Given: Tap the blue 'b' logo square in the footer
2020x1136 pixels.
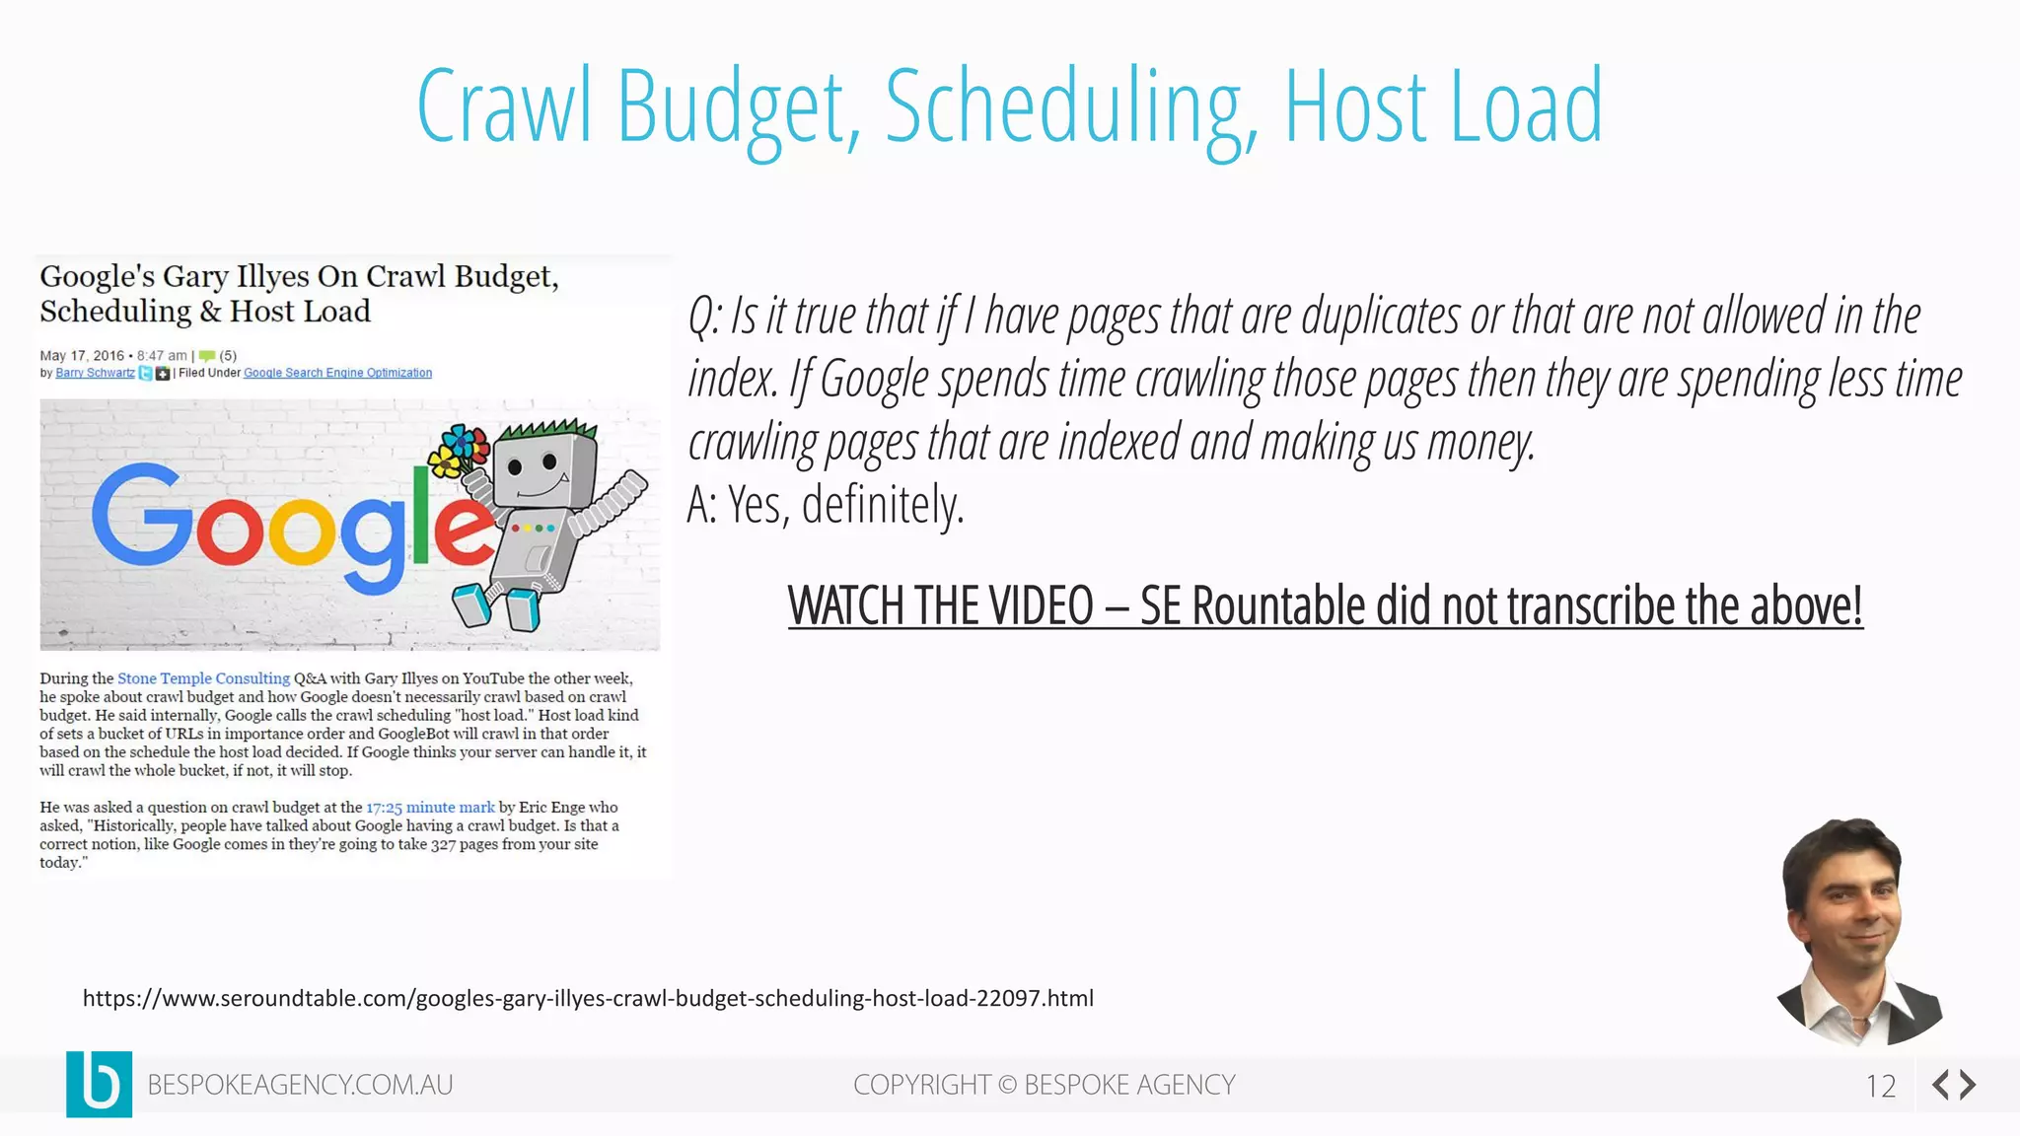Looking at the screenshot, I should click(x=99, y=1084).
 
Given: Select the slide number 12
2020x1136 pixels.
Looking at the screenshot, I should click(x=1880, y=1086).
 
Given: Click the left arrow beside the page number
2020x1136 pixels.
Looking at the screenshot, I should click(x=1941, y=1085).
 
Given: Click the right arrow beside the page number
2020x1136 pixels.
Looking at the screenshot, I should click(x=1968, y=1085).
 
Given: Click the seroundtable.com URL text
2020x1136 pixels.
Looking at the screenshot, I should click(x=588, y=998).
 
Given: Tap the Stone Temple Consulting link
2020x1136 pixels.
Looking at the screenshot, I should click(x=203, y=678).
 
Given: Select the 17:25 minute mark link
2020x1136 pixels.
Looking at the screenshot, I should click(x=430, y=808).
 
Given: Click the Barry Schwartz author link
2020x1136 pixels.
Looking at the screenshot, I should click(x=95, y=373).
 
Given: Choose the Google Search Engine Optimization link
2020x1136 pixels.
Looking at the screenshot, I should click(x=337, y=373).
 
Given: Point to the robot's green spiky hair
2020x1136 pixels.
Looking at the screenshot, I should click(x=548, y=432).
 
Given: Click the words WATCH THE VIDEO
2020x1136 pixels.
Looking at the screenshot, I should click(x=940, y=605).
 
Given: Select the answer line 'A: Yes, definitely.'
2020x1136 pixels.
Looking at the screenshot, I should click(x=826, y=505).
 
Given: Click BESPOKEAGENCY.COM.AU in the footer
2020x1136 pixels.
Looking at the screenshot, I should click(x=300, y=1085).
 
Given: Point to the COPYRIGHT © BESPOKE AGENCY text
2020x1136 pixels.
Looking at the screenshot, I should click(x=1044, y=1085).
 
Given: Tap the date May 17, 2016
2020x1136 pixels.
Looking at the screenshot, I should click(x=82, y=355).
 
